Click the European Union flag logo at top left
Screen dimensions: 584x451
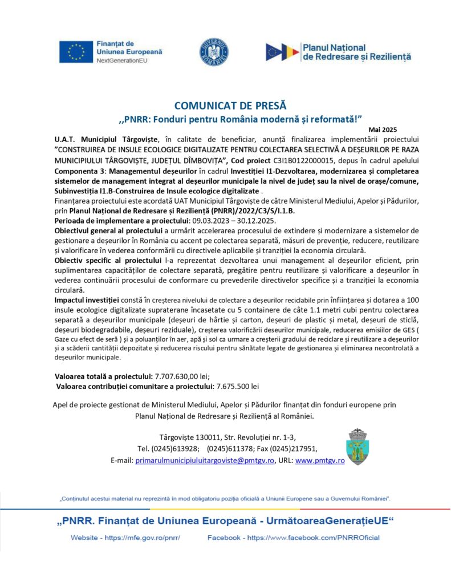pos(76,52)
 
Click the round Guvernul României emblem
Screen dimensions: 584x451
pos(214,52)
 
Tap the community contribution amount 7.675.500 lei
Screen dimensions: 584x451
pos(235,386)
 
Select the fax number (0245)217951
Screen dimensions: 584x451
pos(294,448)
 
